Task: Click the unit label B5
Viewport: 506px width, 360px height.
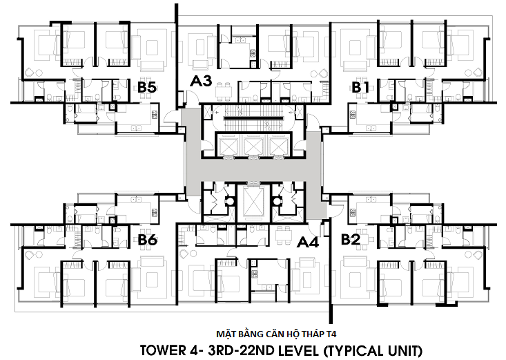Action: [147, 87]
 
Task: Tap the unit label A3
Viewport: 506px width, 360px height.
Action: [201, 81]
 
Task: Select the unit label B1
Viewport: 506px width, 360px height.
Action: [360, 87]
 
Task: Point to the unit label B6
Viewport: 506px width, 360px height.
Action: [148, 240]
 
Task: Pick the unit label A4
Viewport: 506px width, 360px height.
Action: [308, 242]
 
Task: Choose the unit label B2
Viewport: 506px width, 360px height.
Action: [351, 240]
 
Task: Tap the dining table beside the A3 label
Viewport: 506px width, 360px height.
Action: [224, 88]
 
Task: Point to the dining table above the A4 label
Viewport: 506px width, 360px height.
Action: [283, 234]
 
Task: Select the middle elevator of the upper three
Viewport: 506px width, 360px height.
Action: [253, 146]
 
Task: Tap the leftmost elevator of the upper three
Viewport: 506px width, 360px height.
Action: [228, 146]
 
